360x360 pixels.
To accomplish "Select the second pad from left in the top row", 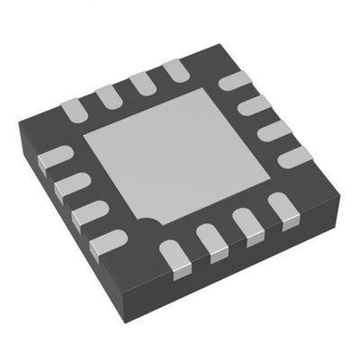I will (x=109, y=94).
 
